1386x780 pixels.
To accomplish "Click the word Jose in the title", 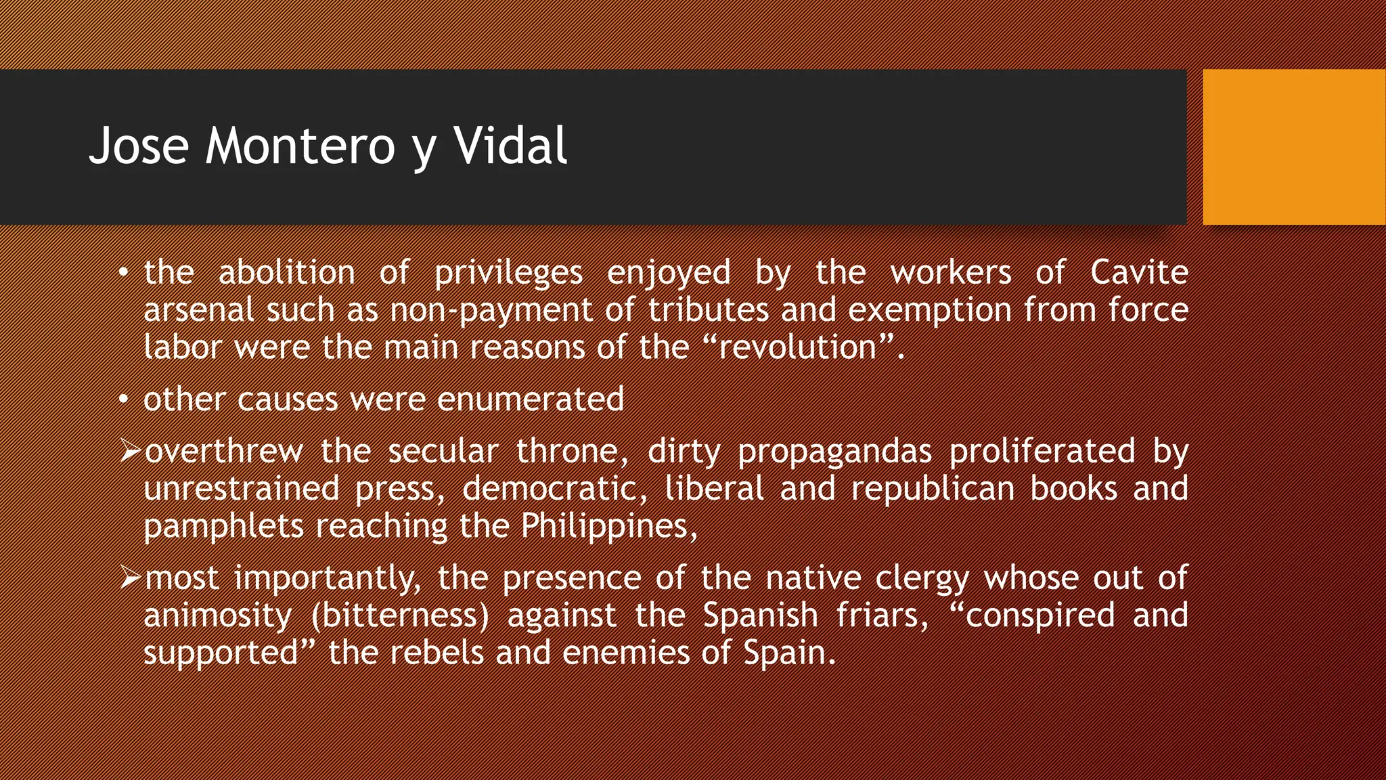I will coord(139,146).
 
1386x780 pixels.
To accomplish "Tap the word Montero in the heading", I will coord(300,146).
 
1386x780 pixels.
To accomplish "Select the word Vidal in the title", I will coord(510,146).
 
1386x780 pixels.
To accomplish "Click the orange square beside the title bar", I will coord(1294,147).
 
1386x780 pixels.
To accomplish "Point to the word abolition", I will coord(287,272).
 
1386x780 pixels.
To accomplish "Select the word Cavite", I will coord(1139,272).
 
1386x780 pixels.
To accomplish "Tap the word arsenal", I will coord(199,310).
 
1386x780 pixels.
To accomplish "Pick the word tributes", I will coord(708,310).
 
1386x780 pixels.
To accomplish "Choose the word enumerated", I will coord(531,399).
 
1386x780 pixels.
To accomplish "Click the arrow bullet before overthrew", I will coord(130,451).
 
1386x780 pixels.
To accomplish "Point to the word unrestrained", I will coord(242,489).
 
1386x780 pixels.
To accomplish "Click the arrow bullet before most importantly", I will coord(130,578).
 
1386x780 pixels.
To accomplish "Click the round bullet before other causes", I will coord(123,399).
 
